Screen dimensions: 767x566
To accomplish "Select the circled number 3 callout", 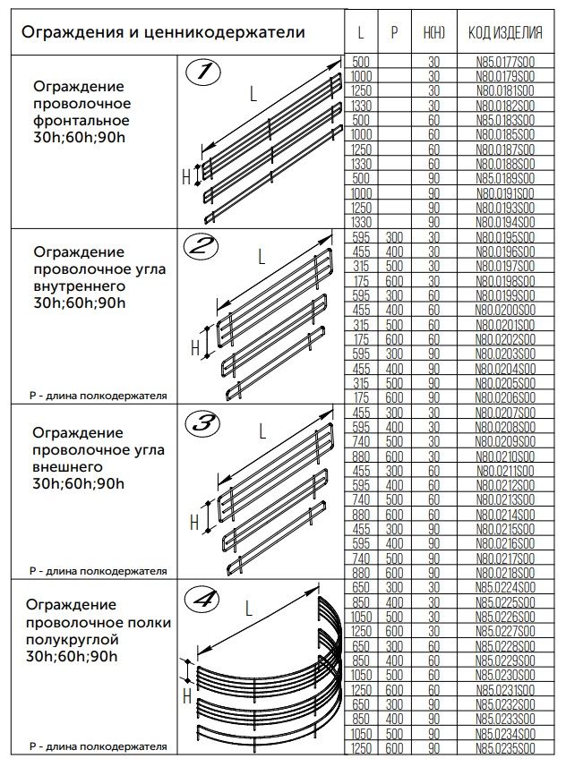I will click(x=205, y=421).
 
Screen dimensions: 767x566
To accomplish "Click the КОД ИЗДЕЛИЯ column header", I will click(x=505, y=33).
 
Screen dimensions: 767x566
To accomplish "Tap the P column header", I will click(x=394, y=33).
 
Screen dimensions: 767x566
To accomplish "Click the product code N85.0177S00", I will click(x=505, y=62).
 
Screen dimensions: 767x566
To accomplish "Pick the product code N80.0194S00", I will click(x=505, y=220).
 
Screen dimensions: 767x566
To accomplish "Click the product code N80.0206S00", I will click(x=505, y=396).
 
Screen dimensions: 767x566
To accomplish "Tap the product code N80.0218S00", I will click(x=505, y=572).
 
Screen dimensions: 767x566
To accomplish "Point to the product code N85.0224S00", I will click(x=505, y=587).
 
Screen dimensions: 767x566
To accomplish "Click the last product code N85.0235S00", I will click(x=505, y=748).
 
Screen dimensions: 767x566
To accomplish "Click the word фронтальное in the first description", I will click(x=81, y=120).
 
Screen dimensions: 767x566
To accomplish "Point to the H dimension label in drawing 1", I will click(x=186, y=176).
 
